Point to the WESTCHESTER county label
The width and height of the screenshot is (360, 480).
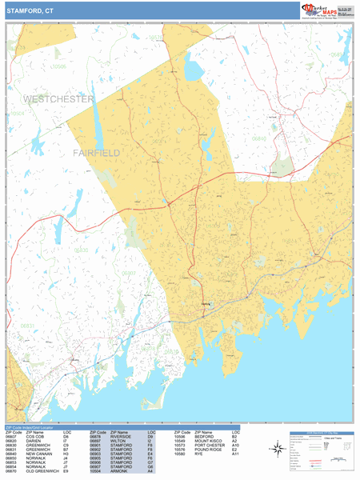[x=58, y=99]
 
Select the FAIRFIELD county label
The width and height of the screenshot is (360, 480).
[x=96, y=152]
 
